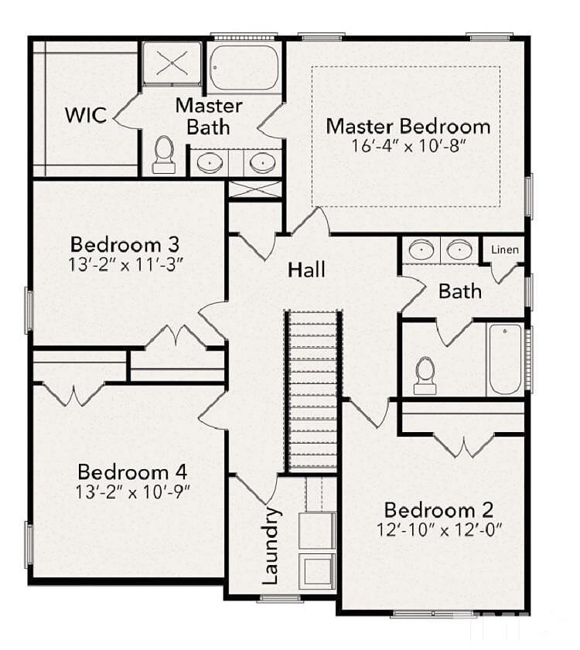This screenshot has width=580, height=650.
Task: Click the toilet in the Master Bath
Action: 164,155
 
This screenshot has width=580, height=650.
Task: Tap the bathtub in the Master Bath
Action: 244,67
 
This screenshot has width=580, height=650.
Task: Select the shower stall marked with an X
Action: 172,63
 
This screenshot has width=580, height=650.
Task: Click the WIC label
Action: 86,115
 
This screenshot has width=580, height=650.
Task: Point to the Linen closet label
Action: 505,250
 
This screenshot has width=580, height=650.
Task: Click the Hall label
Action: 306,270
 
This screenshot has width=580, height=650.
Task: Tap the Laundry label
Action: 270,546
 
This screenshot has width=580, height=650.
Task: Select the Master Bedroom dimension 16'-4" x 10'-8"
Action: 407,146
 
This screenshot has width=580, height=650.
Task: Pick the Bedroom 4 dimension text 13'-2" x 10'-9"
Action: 132,492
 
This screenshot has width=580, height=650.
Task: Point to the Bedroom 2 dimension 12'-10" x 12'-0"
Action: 440,529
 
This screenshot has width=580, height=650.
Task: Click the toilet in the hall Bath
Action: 425,376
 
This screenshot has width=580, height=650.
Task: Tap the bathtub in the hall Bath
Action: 505,359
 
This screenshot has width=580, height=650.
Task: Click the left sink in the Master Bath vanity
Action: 210,162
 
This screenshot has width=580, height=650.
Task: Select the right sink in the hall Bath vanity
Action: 459,250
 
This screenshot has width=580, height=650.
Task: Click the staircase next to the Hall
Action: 313,391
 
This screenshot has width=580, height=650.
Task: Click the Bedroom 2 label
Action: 439,510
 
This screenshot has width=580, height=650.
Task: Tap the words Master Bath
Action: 209,116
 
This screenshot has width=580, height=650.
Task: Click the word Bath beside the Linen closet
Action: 460,291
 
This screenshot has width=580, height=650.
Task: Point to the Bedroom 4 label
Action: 132,472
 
